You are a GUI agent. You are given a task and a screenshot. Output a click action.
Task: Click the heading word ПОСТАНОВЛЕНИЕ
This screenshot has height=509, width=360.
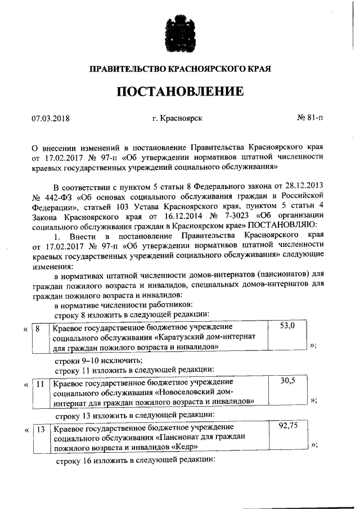click(180, 92)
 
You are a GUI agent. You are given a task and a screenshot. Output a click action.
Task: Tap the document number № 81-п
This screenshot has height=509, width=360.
click(310, 118)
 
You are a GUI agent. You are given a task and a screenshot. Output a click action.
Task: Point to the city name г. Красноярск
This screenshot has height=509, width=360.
click(177, 118)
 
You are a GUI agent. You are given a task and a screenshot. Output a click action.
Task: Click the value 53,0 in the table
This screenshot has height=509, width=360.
click(287, 326)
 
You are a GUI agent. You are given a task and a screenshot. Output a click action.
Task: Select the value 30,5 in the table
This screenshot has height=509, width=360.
click(287, 381)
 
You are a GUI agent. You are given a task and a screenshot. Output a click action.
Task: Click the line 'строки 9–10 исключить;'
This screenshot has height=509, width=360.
click(98, 359)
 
